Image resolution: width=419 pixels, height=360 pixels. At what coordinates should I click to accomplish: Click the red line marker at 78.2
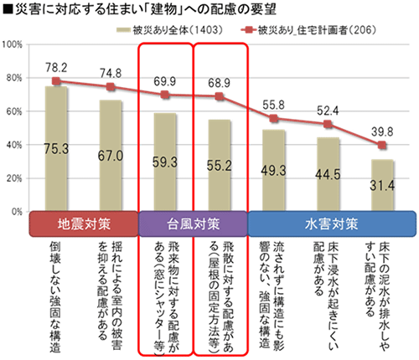point(56,81)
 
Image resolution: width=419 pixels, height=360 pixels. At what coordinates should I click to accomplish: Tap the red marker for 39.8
point(382,146)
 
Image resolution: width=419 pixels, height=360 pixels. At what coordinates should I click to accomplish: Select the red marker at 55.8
point(275,119)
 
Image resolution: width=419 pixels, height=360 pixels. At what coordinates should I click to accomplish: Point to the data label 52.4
point(328,110)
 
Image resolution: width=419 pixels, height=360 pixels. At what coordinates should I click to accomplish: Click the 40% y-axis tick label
point(16,145)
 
